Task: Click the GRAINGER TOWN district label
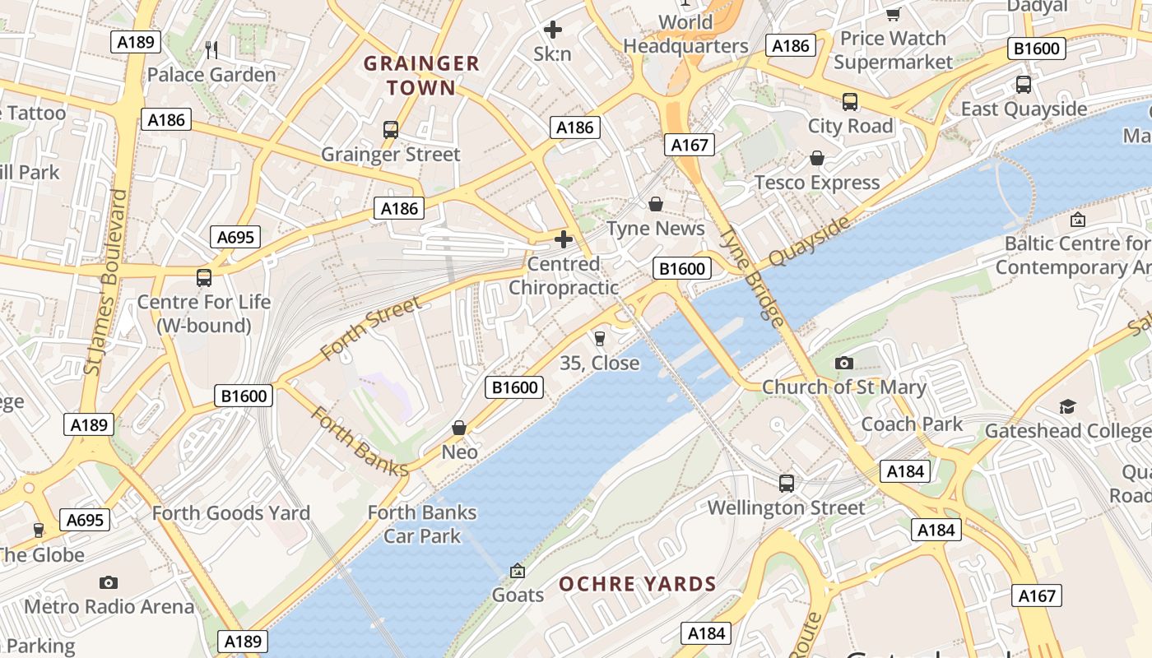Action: pos(421,76)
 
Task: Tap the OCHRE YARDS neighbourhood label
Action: pos(638,585)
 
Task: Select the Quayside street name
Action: pos(809,242)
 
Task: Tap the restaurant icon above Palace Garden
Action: pos(211,49)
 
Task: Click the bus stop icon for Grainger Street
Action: pos(391,130)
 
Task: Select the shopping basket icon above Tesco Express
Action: pos(817,158)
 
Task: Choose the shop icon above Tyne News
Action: pos(656,204)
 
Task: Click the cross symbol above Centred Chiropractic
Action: pos(564,239)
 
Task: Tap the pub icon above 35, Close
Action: pos(599,339)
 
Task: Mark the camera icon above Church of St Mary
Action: pos(843,363)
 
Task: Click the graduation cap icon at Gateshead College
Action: pos(1067,406)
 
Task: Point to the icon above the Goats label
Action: pos(518,570)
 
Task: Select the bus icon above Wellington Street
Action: pos(787,484)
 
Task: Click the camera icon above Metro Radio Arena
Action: pos(109,582)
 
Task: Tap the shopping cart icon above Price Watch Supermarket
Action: pos(893,14)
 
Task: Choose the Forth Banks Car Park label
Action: pos(422,524)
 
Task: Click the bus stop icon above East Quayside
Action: pos(1024,85)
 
